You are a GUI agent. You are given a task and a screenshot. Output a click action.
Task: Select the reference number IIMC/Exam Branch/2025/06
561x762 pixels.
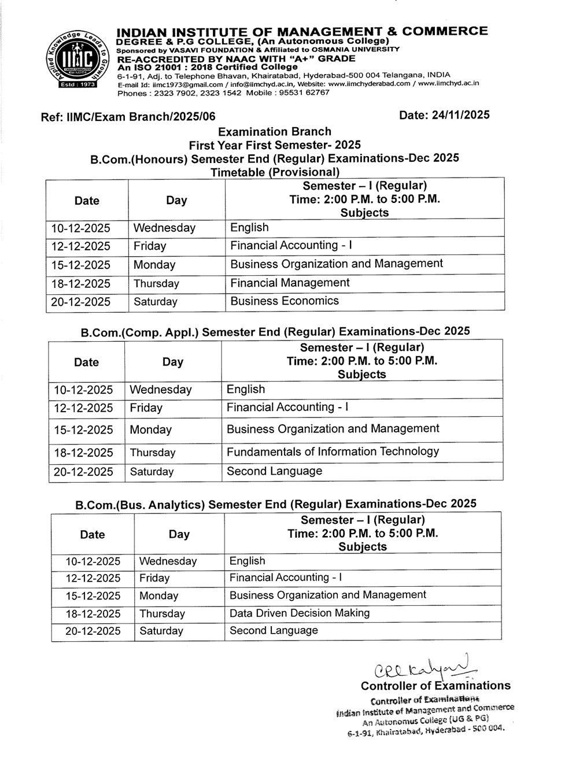128,117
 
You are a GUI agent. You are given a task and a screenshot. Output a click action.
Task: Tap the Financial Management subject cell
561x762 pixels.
290,283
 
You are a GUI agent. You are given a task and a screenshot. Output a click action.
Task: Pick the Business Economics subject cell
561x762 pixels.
285,301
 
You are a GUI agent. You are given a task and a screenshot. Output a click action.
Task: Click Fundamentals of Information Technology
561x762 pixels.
333,452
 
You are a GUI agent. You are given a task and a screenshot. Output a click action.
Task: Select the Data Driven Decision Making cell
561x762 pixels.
299,613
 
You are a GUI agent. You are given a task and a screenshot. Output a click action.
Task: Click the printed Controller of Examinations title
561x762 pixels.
435,686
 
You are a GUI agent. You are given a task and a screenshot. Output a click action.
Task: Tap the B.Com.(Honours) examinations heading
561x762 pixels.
275,158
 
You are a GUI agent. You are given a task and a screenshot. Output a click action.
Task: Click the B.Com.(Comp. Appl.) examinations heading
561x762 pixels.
275,331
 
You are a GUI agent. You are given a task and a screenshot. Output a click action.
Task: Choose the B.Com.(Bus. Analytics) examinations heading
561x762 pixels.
276,504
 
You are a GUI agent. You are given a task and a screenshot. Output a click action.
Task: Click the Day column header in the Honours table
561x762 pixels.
176,200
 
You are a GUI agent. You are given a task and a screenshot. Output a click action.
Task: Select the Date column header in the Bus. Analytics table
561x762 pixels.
93,534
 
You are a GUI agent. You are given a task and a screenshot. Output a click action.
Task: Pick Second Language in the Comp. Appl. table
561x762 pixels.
274,471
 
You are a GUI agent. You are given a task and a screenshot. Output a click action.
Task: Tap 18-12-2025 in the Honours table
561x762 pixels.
81,283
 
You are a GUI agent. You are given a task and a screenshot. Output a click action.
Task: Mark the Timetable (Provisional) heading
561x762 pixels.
275,172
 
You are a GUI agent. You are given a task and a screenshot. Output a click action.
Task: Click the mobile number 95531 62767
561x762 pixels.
305,93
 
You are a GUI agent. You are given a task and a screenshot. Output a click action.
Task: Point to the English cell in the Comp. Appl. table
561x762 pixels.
246,389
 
